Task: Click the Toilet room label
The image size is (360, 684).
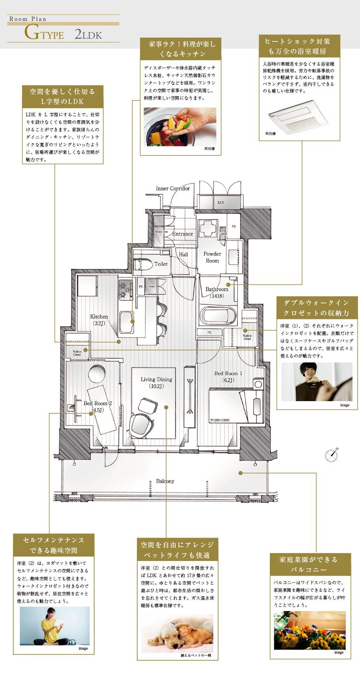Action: point(161,264)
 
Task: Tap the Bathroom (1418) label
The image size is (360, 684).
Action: point(217,292)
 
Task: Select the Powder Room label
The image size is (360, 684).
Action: point(212,257)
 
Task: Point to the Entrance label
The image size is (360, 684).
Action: point(182,234)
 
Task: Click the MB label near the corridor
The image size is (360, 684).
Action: point(221,203)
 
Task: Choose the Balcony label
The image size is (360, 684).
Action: point(165,481)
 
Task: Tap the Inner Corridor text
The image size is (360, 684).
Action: point(172,188)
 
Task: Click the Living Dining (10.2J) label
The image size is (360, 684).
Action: point(156,383)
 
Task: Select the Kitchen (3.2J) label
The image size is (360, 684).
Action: point(99,320)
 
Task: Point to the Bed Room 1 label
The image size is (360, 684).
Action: point(228,373)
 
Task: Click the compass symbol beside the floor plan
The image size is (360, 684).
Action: point(332,455)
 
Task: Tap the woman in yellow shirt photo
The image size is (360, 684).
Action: point(55,625)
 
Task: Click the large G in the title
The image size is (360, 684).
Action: point(31,33)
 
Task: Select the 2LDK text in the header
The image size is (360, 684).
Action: point(88,34)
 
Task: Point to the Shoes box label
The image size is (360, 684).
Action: point(161,231)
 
